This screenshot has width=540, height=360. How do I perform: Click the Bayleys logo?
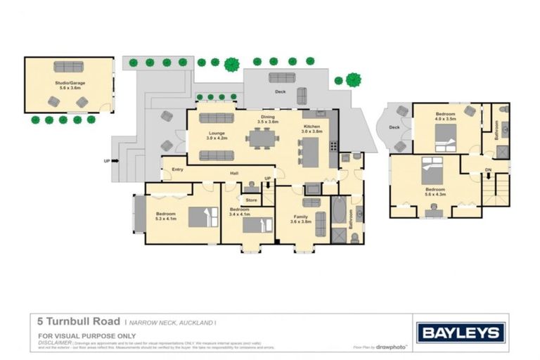(460, 333)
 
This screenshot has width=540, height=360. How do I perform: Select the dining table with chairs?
(262, 138)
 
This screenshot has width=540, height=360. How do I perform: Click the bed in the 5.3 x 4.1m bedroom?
(203, 214)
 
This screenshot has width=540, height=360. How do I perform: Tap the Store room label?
(251, 200)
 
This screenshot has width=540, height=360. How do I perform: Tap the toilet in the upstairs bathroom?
(503, 130)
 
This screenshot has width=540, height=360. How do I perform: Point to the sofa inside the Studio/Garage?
(68, 67)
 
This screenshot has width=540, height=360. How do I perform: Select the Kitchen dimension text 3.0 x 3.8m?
(311, 131)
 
